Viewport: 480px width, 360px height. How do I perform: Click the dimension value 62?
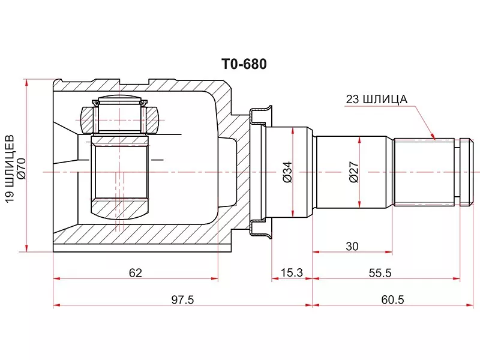[x=135, y=273]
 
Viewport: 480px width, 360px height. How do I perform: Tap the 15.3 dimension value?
[x=291, y=273]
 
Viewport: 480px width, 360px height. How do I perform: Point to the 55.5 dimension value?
[x=380, y=273]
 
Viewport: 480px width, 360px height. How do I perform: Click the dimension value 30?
[x=352, y=246]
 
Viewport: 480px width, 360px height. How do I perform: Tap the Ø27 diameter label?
[x=353, y=172]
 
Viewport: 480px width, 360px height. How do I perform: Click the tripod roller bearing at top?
[x=120, y=115]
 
